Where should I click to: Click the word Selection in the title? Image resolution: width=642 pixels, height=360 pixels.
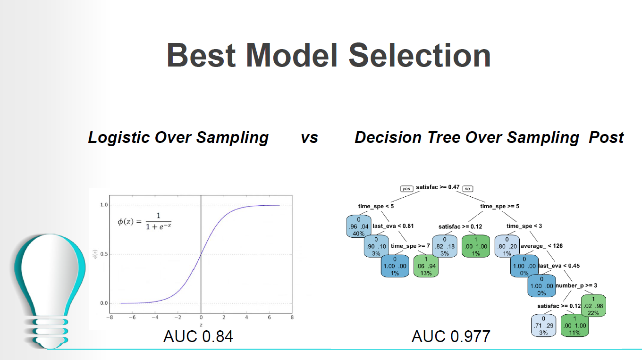[x=419, y=55]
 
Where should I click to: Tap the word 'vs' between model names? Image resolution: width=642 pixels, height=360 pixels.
[x=310, y=138]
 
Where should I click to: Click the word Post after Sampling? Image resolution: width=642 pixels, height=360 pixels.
[x=606, y=137]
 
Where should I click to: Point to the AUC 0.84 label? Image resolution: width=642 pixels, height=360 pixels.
[x=198, y=336]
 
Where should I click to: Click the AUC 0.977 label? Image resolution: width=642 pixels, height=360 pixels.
[x=451, y=336]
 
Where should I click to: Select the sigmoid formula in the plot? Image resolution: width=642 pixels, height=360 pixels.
[x=144, y=221]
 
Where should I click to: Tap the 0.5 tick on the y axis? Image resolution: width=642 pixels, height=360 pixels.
[x=104, y=254]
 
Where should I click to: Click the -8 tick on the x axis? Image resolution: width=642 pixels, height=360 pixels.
[x=110, y=318]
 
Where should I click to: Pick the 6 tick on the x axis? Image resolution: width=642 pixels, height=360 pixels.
[x=269, y=318]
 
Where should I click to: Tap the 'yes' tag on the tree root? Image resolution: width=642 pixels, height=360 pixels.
[x=407, y=189]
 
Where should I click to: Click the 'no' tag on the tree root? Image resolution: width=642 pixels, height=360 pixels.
[x=467, y=189]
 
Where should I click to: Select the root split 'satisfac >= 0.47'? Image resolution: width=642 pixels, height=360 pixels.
[x=438, y=187]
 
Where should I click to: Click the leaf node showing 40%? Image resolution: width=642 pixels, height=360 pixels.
[x=359, y=226]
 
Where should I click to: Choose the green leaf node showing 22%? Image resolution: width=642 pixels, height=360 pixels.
[x=593, y=306]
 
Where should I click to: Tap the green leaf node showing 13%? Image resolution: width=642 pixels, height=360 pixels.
[x=426, y=266]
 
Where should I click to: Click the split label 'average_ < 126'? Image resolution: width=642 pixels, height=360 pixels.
[x=541, y=246]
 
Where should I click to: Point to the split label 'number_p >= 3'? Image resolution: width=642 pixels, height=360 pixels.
[x=576, y=285]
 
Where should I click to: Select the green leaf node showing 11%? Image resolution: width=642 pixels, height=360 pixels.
[x=574, y=326]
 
